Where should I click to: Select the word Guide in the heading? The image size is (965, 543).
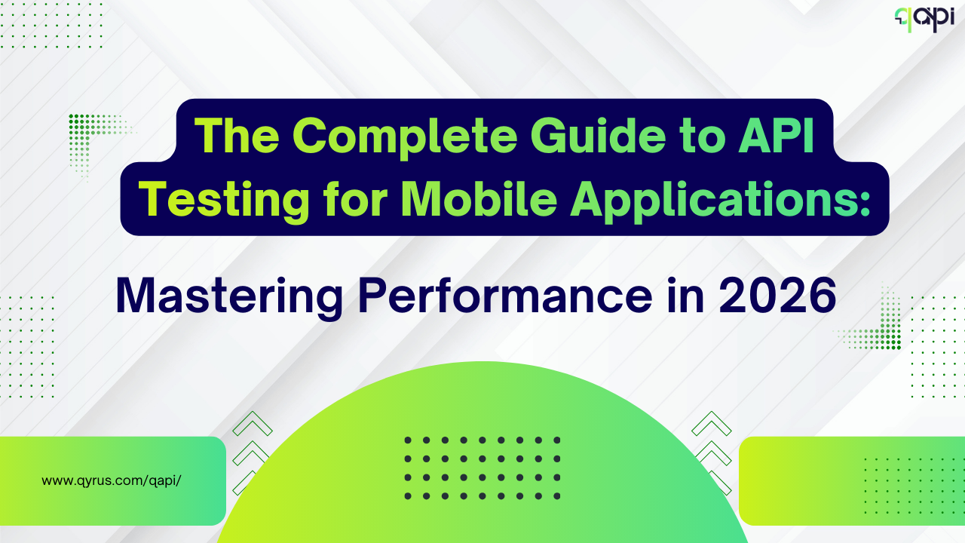[x=599, y=135]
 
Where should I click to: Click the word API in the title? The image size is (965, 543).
[x=777, y=135]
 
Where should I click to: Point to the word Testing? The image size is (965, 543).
[x=224, y=200]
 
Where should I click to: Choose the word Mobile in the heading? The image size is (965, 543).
[x=479, y=198]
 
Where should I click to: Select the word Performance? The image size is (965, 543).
[x=505, y=296]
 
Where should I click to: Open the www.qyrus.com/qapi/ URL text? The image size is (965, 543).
[x=111, y=480]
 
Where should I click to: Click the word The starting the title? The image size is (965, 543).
[x=237, y=135]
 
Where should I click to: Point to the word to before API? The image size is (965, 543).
[x=702, y=137]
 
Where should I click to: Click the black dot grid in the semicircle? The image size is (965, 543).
[x=482, y=468]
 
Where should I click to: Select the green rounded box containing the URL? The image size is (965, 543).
[x=113, y=481]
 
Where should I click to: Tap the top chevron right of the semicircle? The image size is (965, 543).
[x=712, y=423]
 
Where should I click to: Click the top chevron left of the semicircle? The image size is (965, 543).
[x=253, y=423]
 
